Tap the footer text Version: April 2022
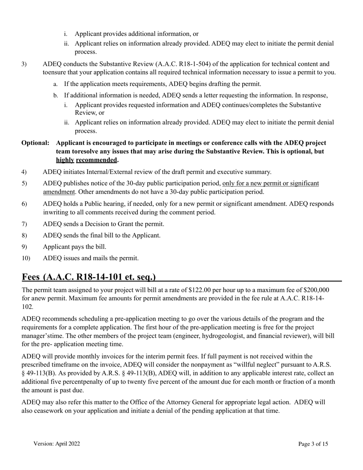coord(57,444)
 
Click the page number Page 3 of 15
coord(313,444)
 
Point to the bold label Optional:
coord(35,143)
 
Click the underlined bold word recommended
coord(97,160)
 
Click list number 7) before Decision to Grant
coord(24,224)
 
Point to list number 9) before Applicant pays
coord(24,247)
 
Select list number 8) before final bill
coord(24,235)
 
